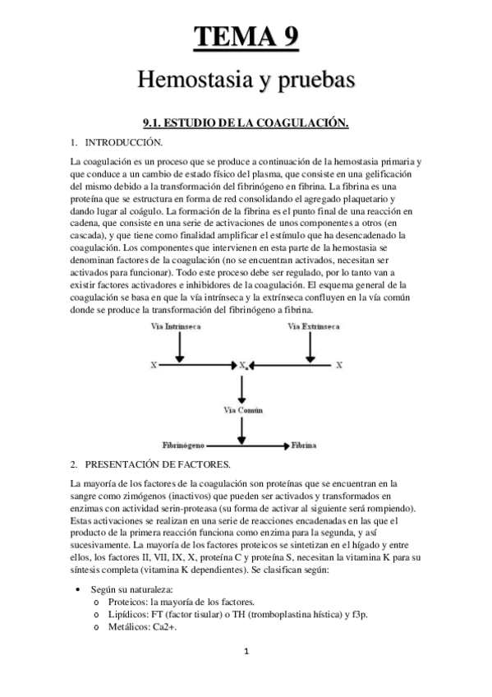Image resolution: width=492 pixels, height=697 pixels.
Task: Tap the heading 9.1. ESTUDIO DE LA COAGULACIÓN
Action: [246, 123]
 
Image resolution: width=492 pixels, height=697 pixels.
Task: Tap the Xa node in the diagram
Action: [244, 363]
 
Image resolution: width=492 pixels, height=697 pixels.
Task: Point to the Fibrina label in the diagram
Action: [304, 445]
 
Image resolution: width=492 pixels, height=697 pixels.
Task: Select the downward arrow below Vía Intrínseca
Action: [180, 346]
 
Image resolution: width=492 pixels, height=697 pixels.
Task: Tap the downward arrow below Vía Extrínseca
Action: [310, 346]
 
